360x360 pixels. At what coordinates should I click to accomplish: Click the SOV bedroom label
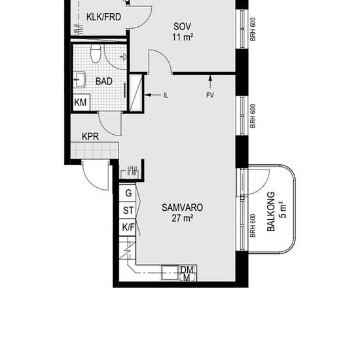point(182,27)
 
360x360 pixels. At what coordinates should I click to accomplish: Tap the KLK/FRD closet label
point(104,17)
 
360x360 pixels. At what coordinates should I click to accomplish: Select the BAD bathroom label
point(104,81)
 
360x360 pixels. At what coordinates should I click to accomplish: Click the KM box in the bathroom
point(81,102)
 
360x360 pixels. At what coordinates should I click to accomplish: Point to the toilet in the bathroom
point(96,54)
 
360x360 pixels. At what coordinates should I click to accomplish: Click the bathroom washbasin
point(79,80)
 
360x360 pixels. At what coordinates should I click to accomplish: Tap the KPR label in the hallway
point(90,137)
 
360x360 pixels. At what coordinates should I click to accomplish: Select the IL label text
point(166,96)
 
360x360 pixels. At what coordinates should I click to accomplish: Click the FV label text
point(210,96)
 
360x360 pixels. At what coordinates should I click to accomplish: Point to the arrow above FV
point(210,82)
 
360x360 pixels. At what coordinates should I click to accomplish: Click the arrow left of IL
point(153,95)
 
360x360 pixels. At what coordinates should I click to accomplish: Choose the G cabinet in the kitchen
point(128,193)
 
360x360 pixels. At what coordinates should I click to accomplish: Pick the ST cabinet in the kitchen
point(128,210)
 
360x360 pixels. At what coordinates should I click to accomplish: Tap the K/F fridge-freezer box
point(128,227)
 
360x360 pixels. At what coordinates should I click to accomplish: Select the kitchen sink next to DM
point(170,273)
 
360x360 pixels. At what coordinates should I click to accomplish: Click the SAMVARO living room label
point(183,207)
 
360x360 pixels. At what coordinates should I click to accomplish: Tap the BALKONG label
point(271,211)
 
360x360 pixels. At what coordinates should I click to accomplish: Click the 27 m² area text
point(183,218)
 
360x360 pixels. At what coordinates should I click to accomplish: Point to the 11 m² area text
point(183,37)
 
